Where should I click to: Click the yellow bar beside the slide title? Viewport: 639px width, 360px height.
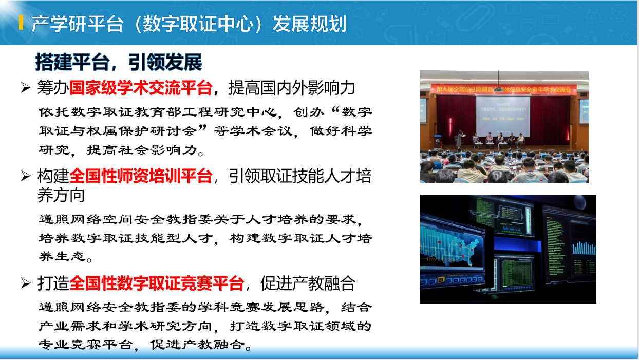[21, 23]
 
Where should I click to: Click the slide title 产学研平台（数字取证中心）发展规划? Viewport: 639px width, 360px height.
[189, 24]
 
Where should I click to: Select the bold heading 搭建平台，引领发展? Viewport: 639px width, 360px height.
[119, 62]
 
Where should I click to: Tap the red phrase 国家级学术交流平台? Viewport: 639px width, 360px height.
[141, 88]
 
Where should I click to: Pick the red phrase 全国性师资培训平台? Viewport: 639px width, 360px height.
[141, 176]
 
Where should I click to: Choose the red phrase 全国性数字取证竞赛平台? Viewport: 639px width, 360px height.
[157, 283]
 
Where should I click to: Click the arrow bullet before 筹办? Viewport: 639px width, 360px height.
[25, 88]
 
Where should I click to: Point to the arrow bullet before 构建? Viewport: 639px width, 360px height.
[25, 176]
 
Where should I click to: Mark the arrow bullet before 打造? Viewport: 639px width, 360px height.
[25, 283]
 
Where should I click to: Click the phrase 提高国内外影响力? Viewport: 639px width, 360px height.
[292, 88]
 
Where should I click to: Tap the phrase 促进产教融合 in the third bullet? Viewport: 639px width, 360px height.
[308, 283]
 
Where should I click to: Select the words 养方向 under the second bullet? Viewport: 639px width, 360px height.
[61, 195]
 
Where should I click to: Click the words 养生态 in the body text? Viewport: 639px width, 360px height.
[62, 256]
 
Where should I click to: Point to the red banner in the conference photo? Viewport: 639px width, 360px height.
[504, 89]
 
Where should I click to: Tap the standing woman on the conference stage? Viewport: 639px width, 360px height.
[460, 139]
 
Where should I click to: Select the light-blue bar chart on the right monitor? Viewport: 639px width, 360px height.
[584, 248]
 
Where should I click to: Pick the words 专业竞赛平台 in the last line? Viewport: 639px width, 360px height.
[86, 345]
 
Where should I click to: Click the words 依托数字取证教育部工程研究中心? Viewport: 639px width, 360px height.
[158, 112]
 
